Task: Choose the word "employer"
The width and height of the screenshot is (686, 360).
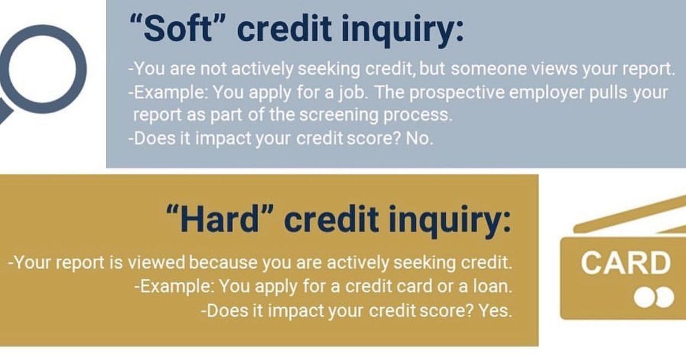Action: point(532,91)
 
